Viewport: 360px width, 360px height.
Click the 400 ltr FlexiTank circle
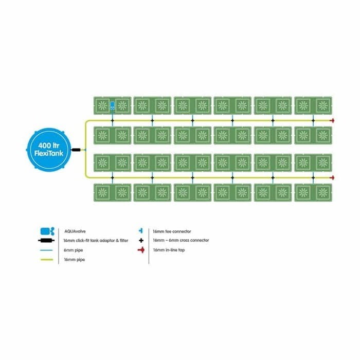pyautogui.click(x=48, y=150)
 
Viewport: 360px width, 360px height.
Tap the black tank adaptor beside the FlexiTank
pyautogui.click(x=76, y=150)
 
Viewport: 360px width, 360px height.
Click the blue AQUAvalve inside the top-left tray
pyautogui.click(x=112, y=105)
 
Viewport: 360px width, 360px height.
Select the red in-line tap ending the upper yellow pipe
pyautogui.click(x=332, y=120)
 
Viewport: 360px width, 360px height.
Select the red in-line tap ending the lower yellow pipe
pyautogui.click(x=332, y=178)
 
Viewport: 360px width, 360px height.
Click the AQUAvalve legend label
pyautogui.click(x=75, y=231)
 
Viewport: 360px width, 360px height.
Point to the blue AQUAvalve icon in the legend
pyautogui.click(x=47, y=231)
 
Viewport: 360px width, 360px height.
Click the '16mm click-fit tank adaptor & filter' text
pyautogui.click(x=96, y=241)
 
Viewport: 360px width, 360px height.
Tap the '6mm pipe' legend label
pyautogui.click(x=73, y=250)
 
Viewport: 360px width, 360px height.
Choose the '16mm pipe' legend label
pyautogui.click(x=75, y=260)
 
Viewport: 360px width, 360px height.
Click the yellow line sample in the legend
pyautogui.click(x=47, y=260)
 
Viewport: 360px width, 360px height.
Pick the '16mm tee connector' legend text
pyautogui.click(x=172, y=231)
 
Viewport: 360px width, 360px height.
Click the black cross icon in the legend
pyautogui.click(x=141, y=240)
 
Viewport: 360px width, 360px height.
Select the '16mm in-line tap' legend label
pyautogui.click(x=169, y=250)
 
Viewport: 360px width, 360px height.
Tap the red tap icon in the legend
pyautogui.click(x=141, y=250)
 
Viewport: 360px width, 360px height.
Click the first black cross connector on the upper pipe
pyautogui.click(x=112, y=120)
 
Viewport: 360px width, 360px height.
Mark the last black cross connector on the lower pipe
pyautogui.click(x=313, y=178)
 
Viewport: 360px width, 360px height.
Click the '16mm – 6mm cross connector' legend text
pyautogui.click(x=181, y=240)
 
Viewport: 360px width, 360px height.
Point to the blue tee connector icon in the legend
pyautogui.click(x=141, y=231)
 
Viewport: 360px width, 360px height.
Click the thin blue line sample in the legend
pyautogui.click(x=46, y=250)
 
